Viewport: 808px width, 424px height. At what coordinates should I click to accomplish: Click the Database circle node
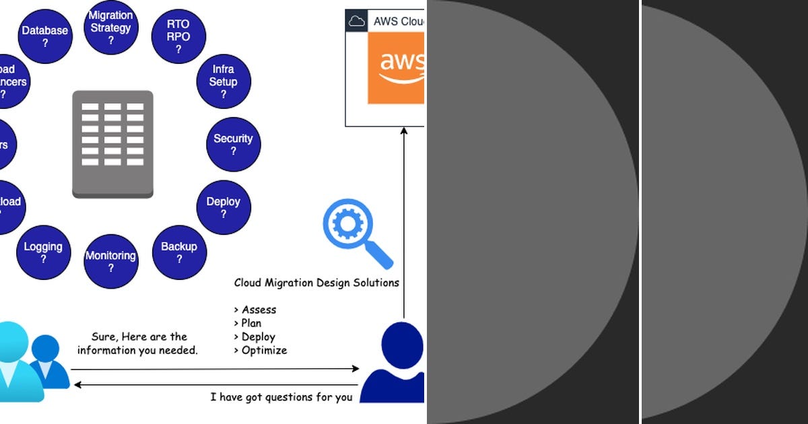[x=45, y=37]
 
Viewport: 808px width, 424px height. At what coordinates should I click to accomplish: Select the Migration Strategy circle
[x=111, y=28]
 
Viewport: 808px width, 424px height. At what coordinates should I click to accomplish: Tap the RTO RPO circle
[x=178, y=37]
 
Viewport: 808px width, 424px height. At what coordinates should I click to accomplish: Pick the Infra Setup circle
[x=223, y=81]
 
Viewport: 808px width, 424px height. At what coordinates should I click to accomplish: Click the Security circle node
[x=233, y=144]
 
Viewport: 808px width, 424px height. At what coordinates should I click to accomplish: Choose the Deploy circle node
[x=224, y=207]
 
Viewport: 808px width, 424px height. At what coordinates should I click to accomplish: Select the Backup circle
[x=179, y=252]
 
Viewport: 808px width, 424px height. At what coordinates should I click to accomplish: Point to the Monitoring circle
[x=111, y=261]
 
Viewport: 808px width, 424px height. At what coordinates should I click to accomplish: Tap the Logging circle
[x=43, y=252]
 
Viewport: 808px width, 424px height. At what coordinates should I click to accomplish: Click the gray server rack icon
[x=112, y=144]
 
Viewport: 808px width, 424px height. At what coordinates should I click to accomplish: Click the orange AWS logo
[x=396, y=68]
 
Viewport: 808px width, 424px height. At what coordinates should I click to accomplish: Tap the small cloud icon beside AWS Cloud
[x=356, y=21]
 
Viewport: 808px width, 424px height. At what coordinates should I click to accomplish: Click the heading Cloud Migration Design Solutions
[x=316, y=283]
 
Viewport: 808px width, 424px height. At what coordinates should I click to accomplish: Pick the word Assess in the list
[x=259, y=310]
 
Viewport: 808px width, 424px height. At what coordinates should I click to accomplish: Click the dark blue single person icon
[x=396, y=363]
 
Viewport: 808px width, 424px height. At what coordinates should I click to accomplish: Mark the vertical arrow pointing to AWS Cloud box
[x=404, y=222]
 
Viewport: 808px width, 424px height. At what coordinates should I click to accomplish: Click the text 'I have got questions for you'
[x=281, y=397]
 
